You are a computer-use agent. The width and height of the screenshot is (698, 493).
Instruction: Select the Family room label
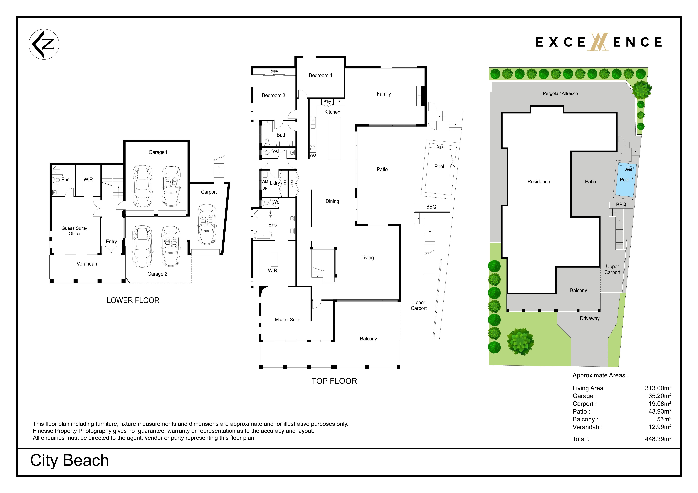384,94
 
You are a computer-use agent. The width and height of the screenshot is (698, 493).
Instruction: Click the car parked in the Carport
207,224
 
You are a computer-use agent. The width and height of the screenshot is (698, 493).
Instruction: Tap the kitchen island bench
334,138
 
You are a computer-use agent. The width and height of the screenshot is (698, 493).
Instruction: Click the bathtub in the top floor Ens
263,235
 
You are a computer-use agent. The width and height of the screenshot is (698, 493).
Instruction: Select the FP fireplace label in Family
419,96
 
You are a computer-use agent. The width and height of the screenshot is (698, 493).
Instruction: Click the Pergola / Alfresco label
560,93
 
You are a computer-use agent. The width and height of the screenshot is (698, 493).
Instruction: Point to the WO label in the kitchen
313,155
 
